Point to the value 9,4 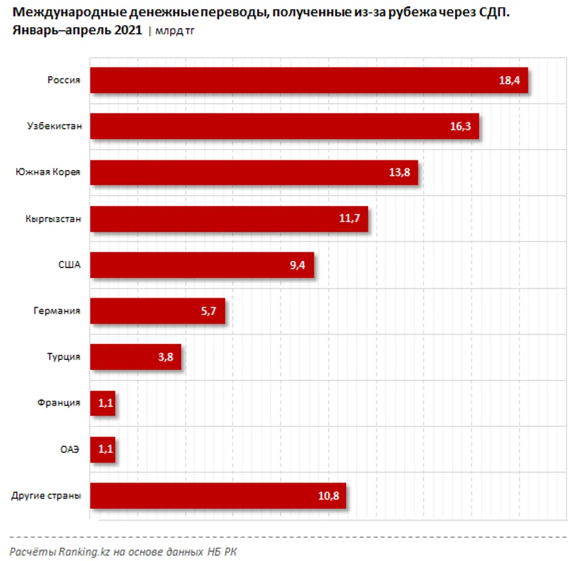(298, 265)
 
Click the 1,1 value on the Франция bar (105, 403)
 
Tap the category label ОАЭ (70, 450)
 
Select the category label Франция (59, 403)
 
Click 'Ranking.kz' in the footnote (80, 551)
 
